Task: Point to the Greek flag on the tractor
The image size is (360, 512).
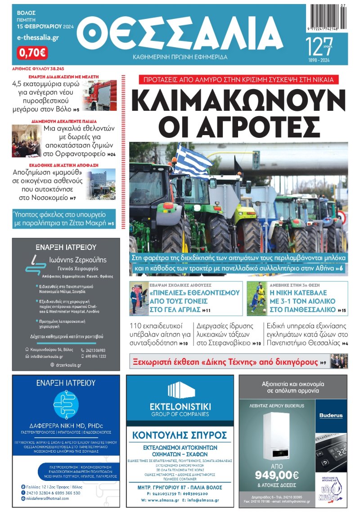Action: click(x=193, y=160)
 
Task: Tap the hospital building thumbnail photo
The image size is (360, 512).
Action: click(x=101, y=184)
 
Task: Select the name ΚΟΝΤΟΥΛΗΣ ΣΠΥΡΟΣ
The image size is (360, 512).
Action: click(x=179, y=435)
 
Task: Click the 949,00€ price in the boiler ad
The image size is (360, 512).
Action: click(x=277, y=475)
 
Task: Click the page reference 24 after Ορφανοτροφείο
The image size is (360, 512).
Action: click(x=111, y=154)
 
